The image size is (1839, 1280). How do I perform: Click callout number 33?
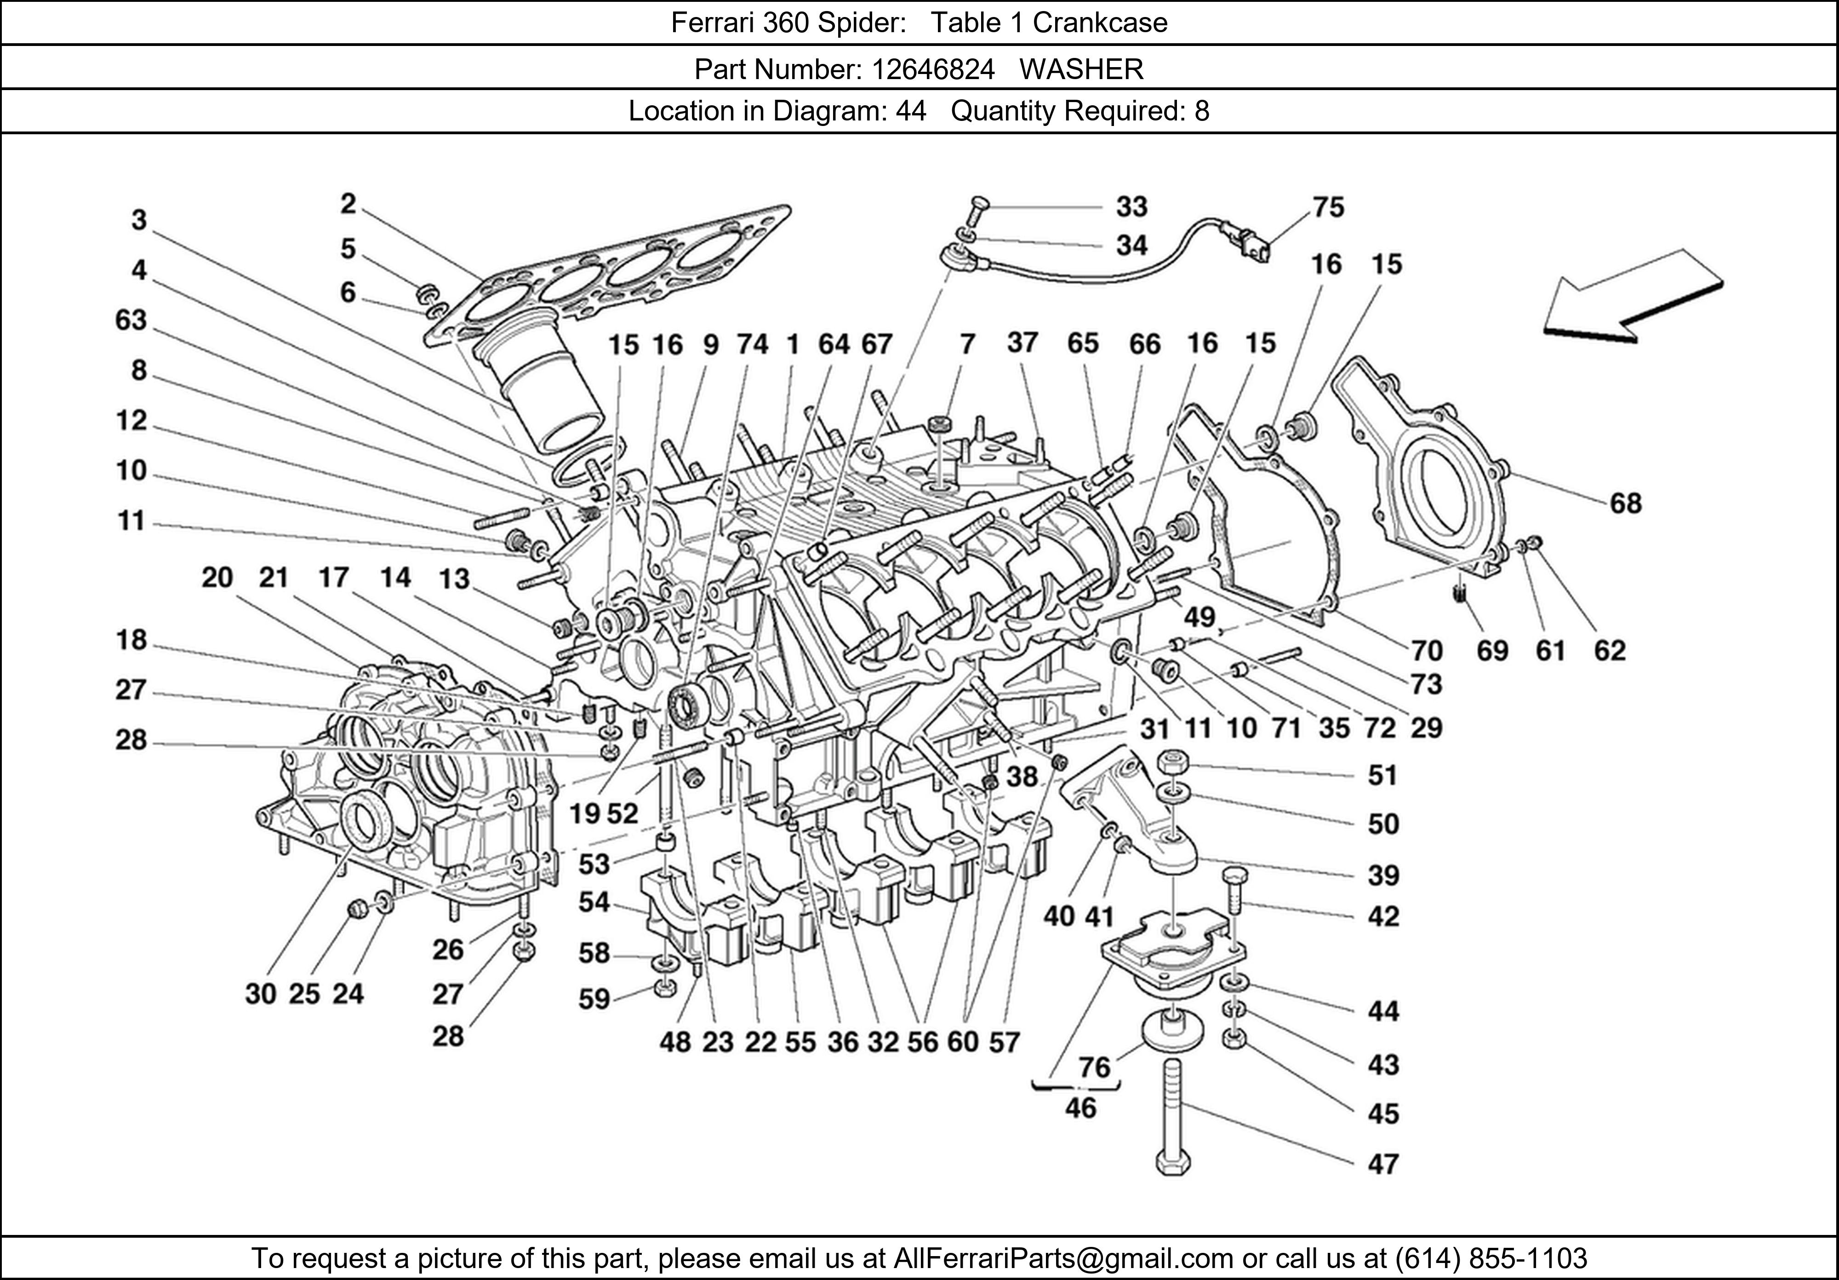(x=1132, y=206)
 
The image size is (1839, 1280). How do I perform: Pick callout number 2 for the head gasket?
(x=348, y=204)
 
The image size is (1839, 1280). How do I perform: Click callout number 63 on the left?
(x=131, y=320)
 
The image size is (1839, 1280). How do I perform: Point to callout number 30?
(x=260, y=994)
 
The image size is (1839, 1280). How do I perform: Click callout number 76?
(x=1094, y=1067)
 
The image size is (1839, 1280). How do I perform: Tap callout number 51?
(x=1382, y=775)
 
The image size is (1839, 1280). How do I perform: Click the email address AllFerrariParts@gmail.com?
(x=1063, y=1258)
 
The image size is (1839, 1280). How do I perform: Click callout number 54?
(x=594, y=903)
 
